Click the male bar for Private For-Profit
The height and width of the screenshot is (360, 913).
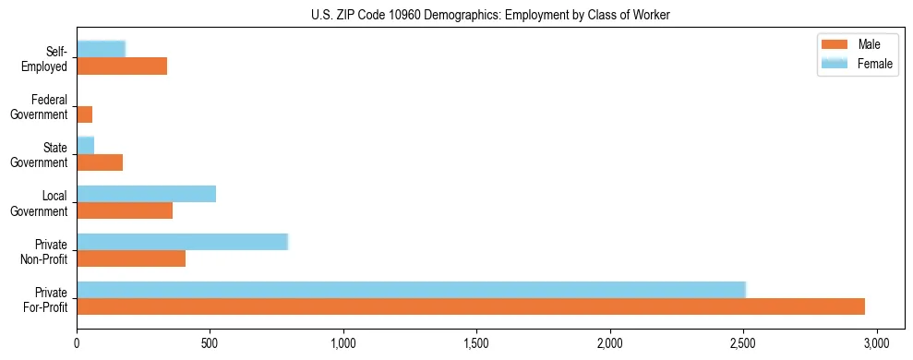(x=471, y=306)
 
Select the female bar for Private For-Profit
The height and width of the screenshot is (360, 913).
(x=411, y=289)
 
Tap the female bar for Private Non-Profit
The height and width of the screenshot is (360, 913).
(x=183, y=242)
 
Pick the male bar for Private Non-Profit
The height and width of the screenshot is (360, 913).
(x=131, y=258)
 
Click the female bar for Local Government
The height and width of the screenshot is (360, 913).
(x=146, y=194)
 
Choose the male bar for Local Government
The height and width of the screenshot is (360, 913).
(x=125, y=210)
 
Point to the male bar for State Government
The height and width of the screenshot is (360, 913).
(x=100, y=162)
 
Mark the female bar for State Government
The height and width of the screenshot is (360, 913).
(x=86, y=146)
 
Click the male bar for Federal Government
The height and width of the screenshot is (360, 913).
(x=85, y=114)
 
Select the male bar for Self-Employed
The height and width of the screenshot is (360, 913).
(x=122, y=66)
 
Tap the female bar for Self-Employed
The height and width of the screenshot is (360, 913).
(x=102, y=49)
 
